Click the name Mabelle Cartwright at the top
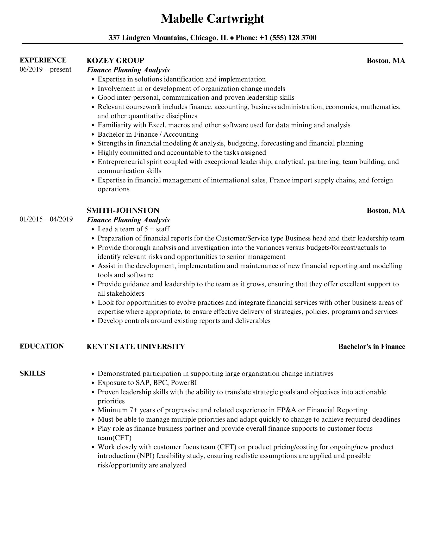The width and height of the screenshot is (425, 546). click(212, 19)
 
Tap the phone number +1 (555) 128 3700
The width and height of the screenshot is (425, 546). click(288, 38)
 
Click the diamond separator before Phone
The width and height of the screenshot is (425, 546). click(232, 38)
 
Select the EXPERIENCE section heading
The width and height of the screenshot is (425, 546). click(43, 60)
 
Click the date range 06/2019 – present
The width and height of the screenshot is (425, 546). click(45, 69)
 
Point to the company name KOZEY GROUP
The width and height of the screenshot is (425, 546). click(115, 60)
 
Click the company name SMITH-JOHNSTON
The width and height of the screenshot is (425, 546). click(123, 210)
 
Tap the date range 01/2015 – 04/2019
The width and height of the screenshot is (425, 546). click(46, 219)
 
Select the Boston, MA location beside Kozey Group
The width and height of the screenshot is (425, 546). click(386, 61)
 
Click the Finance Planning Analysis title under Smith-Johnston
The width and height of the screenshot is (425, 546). click(128, 220)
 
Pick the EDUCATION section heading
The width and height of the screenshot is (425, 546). click(42, 346)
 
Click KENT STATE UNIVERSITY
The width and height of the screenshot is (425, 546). click(136, 346)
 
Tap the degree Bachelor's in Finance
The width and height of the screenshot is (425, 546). click(372, 347)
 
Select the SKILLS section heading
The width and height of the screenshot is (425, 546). click(33, 373)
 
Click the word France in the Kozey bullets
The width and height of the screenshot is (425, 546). click(280, 180)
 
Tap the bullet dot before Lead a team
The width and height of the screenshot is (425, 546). click(93, 229)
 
